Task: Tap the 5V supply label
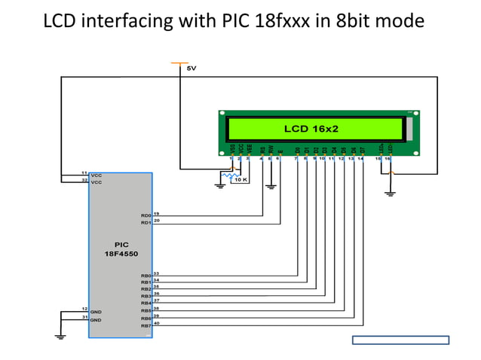tap(191, 69)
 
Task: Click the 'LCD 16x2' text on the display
tap(311, 129)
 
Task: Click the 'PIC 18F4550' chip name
tap(121, 249)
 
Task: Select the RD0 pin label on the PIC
tap(146, 216)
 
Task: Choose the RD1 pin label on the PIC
tap(146, 223)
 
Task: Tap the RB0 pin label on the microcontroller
tap(146, 276)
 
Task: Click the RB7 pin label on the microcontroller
tap(146, 325)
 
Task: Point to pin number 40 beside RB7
tap(157, 323)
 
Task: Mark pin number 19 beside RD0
tap(157, 214)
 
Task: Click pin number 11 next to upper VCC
tap(84, 173)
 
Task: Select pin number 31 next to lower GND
tap(84, 317)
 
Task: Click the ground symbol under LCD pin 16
tap(389, 194)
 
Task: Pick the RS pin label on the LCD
tap(262, 150)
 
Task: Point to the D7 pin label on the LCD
tap(362, 150)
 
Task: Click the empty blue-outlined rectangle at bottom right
tap(400, 340)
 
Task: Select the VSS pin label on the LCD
tap(232, 149)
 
